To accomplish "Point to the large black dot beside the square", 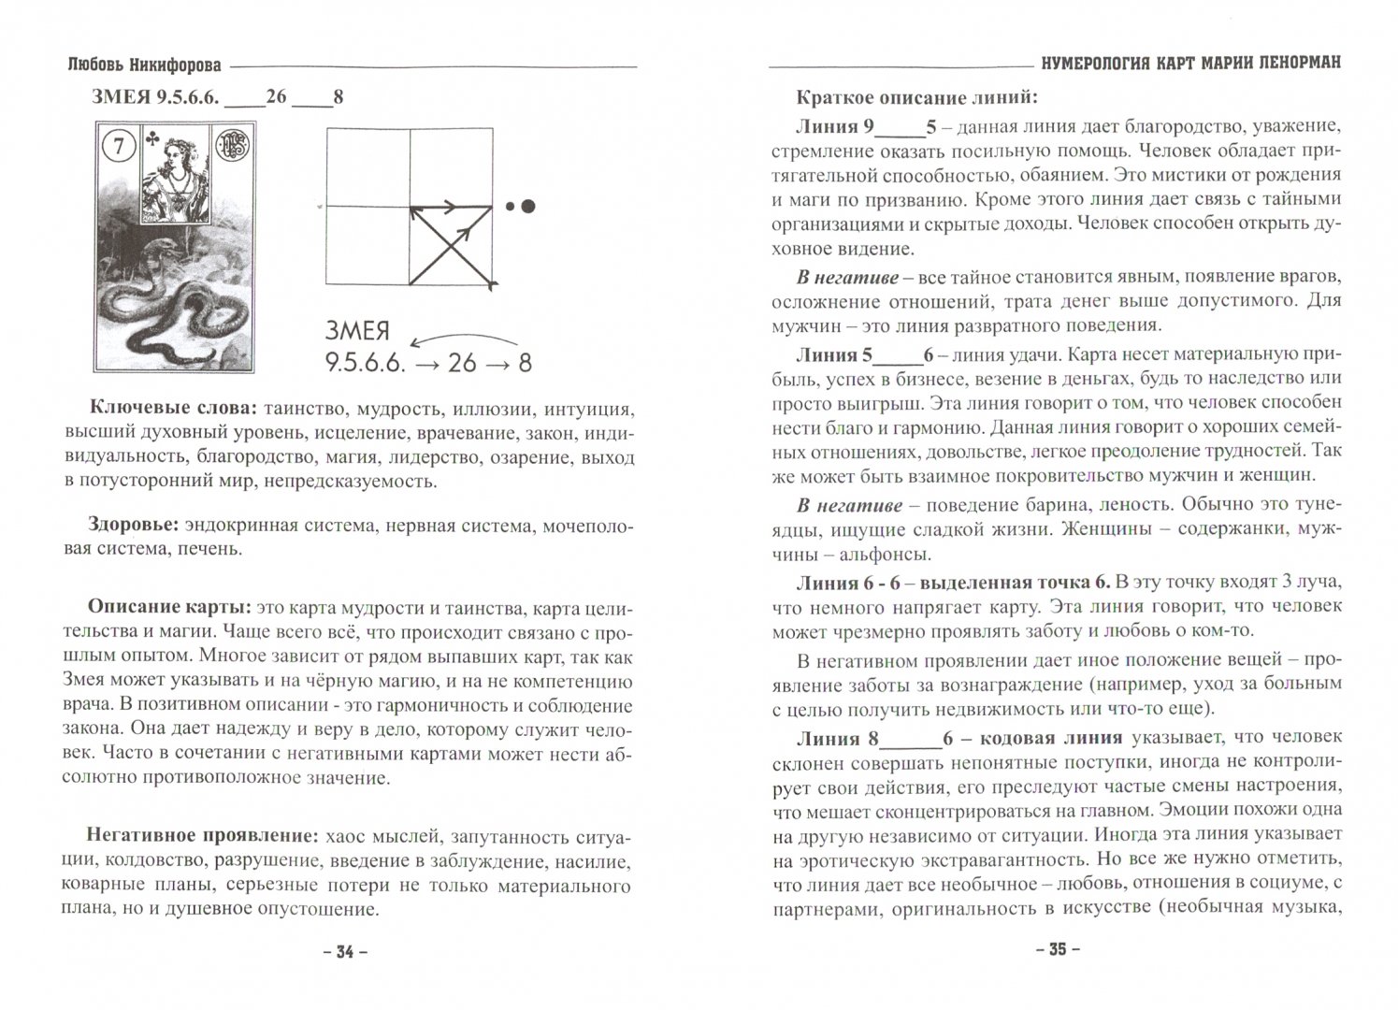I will point(528,206).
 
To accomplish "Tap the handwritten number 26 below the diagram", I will point(462,362).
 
